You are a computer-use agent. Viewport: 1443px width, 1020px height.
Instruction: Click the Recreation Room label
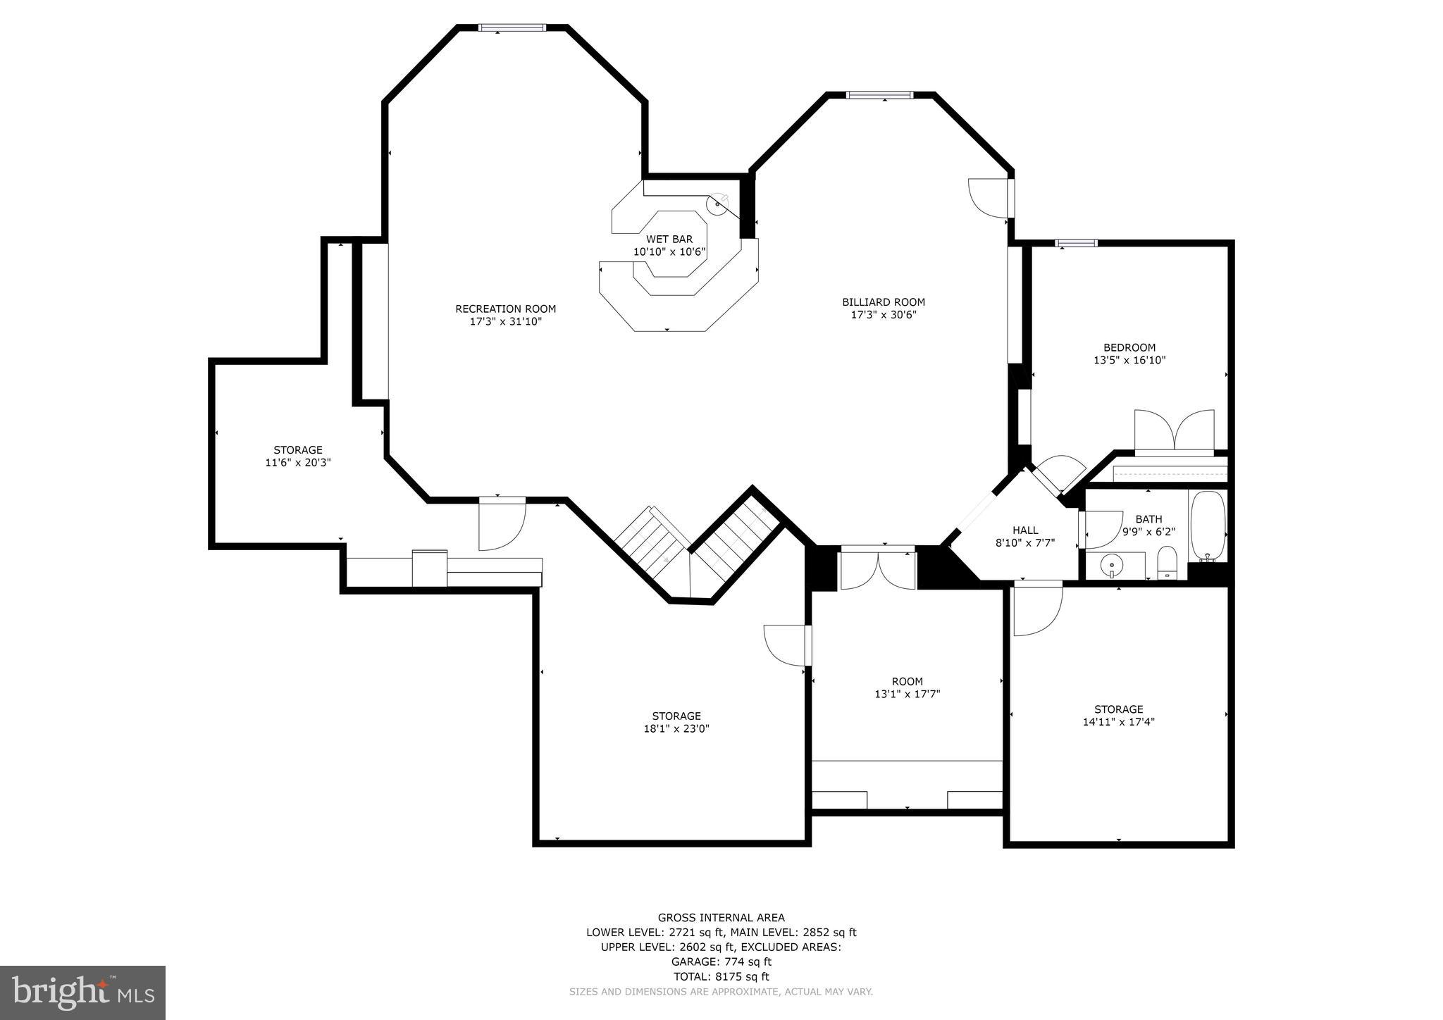(x=505, y=309)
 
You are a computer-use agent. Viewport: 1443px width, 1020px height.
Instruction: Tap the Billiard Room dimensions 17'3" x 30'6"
(x=883, y=315)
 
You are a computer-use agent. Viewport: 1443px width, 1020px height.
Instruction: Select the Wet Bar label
(x=669, y=240)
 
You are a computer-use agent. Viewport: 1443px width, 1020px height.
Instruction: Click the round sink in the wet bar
(x=717, y=204)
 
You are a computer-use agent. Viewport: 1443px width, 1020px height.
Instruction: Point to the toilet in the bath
(x=1167, y=563)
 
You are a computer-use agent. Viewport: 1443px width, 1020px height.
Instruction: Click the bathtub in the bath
(x=1208, y=525)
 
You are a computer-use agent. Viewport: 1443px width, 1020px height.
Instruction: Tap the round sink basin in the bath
(x=1111, y=564)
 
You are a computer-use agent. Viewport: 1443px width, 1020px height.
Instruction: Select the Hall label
(x=1024, y=530)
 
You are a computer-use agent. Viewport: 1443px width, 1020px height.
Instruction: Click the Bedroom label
(x=1129, y=347)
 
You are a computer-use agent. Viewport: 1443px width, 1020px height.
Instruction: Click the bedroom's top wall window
(x=1076, y=244)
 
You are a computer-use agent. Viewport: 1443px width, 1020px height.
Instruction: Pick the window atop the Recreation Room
(x=512, y=28)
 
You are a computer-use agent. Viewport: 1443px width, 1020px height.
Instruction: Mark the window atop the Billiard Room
(x=879, y=95)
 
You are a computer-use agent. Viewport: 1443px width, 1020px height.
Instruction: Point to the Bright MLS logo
(x=82, y=992)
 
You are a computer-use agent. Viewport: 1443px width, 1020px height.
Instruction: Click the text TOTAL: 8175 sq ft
(x=721, y=976)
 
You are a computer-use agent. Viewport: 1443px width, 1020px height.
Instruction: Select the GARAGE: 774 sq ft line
(x=721, y=962)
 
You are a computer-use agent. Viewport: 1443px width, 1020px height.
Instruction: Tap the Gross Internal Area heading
(x=721, y=917)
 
